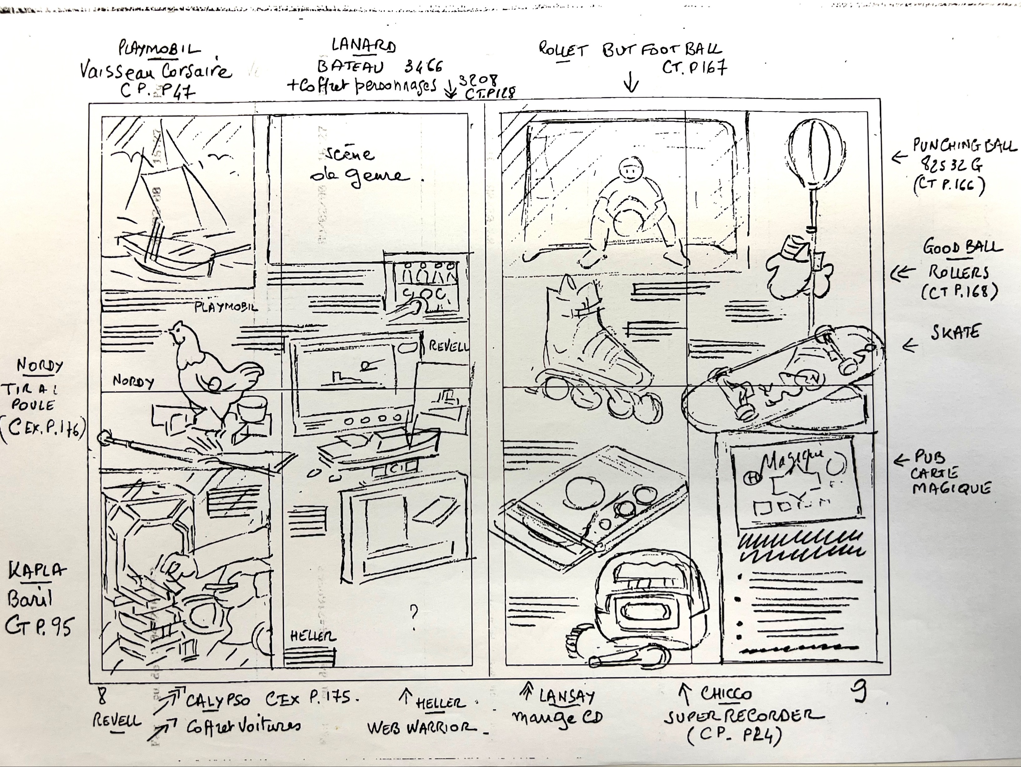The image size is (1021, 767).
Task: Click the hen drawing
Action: coord(212,374)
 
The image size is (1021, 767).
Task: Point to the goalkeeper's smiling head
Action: coord(630,171)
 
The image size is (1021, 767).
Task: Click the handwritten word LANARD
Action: coord(364,46)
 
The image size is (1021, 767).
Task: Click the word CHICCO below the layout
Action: coord(726,694)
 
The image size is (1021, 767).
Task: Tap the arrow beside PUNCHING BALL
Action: coord(898,158)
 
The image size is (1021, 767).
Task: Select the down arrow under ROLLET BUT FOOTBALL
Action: coord(631,85)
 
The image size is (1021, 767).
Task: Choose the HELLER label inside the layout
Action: coord(313,636)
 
